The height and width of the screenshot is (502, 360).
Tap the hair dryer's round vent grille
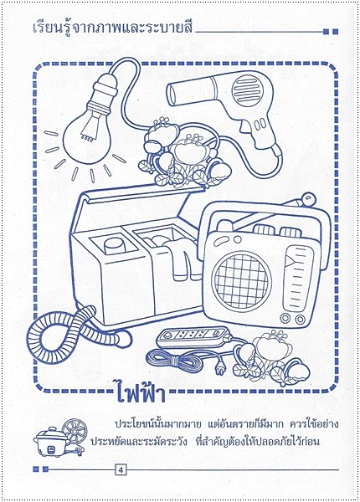click(x=247, y=90)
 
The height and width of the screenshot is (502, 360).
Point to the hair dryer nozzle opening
click(x=172, y=94)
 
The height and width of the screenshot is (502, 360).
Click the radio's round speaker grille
click(x=243, y=277)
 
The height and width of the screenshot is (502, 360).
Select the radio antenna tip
click(x=309, y=199)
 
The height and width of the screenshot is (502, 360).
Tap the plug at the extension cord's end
click(x=221, y=370)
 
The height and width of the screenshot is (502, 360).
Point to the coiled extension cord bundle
click(x=174, y=360)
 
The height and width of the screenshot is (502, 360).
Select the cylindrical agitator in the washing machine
click(x=115, y=248)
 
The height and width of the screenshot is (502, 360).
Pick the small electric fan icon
click(x=75, y=434)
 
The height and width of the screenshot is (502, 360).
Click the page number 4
click(x=121, y=470)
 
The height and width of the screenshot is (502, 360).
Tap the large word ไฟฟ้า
click(x=141, y=392)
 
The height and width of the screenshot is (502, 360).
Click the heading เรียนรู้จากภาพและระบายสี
click(x=112, y=27)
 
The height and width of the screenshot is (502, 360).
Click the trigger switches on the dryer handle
click(x=260, y=123)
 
